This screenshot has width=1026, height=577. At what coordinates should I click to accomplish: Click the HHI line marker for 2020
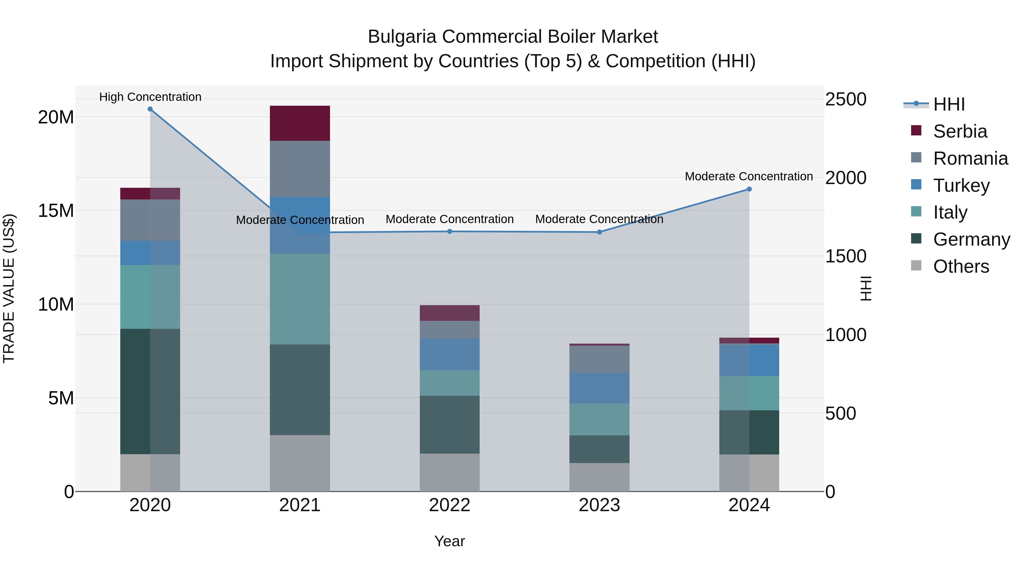click(150, 109)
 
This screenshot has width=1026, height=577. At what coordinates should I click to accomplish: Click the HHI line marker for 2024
click(749, 189)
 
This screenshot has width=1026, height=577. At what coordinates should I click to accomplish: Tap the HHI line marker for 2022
click(450, 231)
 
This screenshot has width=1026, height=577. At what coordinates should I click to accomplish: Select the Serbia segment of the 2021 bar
click(300, 123)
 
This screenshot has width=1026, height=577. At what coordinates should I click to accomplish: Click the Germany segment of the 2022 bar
click(450, 425)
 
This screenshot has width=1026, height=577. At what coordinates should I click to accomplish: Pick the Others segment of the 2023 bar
click(599, 477)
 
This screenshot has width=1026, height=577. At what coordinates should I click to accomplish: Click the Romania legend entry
click(970, 158)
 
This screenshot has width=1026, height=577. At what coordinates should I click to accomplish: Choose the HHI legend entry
click(949, 104)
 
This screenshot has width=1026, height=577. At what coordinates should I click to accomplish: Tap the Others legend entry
click(961, 266)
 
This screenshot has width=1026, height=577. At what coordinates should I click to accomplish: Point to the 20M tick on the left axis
click(56, 117)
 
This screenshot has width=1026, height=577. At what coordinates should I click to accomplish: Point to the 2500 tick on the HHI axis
click(846, 99)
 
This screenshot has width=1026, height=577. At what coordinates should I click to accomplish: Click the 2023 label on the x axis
click(599, 505)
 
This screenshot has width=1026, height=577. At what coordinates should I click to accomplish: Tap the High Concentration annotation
click(150, 97)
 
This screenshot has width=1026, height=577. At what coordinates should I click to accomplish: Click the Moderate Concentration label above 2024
click(749, 176)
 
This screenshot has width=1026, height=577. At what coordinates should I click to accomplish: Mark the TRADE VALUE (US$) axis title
click(9, 288)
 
